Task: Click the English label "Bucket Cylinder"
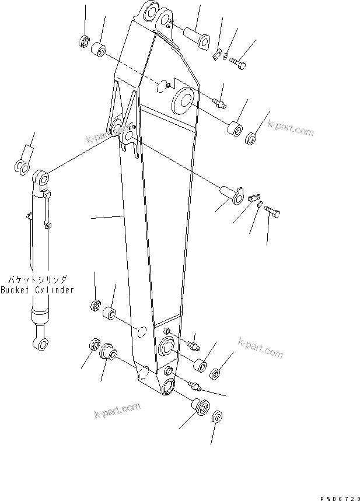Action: [x=37, y=290]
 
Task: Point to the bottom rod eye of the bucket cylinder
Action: [x=40, y=344]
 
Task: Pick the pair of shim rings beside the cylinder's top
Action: [x=22, y=167]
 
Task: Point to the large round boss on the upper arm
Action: [x=184, y=101]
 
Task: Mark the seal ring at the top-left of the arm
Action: [x=83, y=41]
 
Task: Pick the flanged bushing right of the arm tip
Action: [x=200, y=406]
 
